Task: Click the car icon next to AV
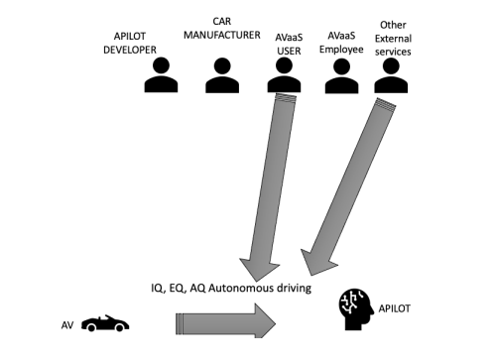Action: (x=106, y=322)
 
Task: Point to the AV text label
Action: (x=66, y=324)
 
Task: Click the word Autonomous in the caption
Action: (x=232, y=288)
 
